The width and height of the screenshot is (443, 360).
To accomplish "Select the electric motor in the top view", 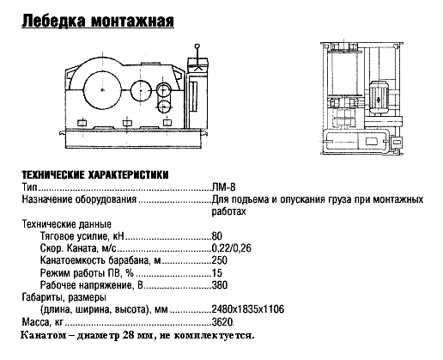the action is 379,94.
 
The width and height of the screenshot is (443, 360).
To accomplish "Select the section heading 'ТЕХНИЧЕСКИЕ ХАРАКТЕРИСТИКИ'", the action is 94,174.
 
